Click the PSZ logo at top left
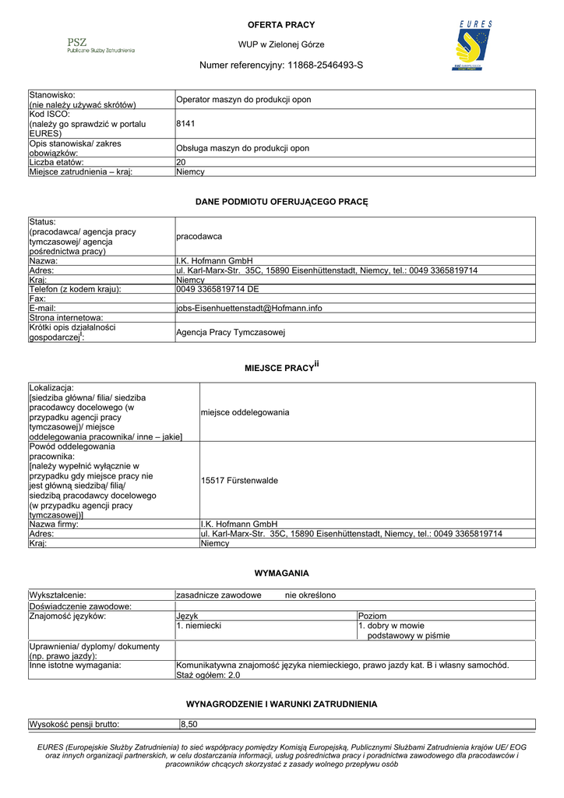[x=100, y=45]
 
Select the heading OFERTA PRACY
[x=281, y=25]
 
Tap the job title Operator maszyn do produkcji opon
[x=243, y=100]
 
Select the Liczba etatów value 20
[x=182, y=162]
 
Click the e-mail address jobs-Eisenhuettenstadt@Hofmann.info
[x=249, y=308]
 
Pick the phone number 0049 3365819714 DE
[x=217, y=289]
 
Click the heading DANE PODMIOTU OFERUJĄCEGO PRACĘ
[x=281, y=202]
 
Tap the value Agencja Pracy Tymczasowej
[x=231, y=333]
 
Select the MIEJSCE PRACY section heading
[x=281, y=366]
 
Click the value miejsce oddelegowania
[x=245, y=411]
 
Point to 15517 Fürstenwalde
[x=239, y=481]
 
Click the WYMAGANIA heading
[x=281, y=573]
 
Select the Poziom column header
[x=372, y=616]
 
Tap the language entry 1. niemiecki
[x=199, y=625]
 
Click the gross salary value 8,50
[x=189, y=724]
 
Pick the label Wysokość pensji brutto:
[x=74, y=724]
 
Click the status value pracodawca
[x=199, y=235]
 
